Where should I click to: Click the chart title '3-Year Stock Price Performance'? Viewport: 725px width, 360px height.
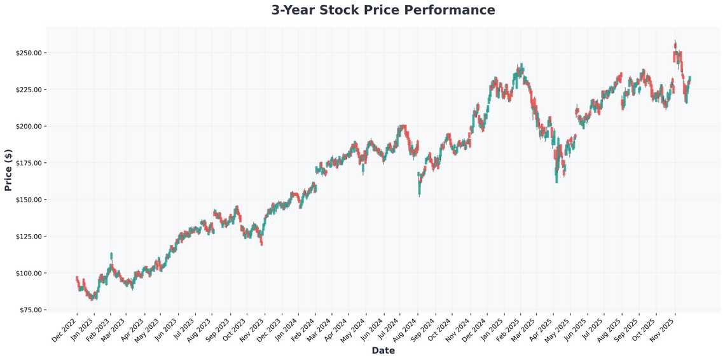[383, 10]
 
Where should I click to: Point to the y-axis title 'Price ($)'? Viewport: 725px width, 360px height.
[8, 169]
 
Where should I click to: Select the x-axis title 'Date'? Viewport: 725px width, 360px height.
[383, 350]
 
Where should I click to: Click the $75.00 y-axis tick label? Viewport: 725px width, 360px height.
[30, 310]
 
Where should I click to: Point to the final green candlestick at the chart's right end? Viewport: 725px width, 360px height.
[690, 79]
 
